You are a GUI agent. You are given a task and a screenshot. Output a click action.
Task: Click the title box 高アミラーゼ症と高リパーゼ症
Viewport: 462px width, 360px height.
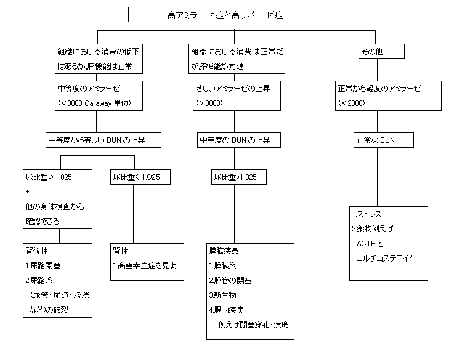(x=225, y=14)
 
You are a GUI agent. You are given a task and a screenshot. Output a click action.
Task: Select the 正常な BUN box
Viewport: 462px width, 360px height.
(x=376, y=140)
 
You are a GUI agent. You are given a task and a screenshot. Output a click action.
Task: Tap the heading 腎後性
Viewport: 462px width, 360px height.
(x=35, y=252)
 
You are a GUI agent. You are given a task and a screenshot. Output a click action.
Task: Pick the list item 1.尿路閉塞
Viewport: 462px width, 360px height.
(x=44, y=266)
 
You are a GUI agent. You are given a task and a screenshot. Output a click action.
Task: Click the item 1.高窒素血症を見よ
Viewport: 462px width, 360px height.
(x=145, y=266)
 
